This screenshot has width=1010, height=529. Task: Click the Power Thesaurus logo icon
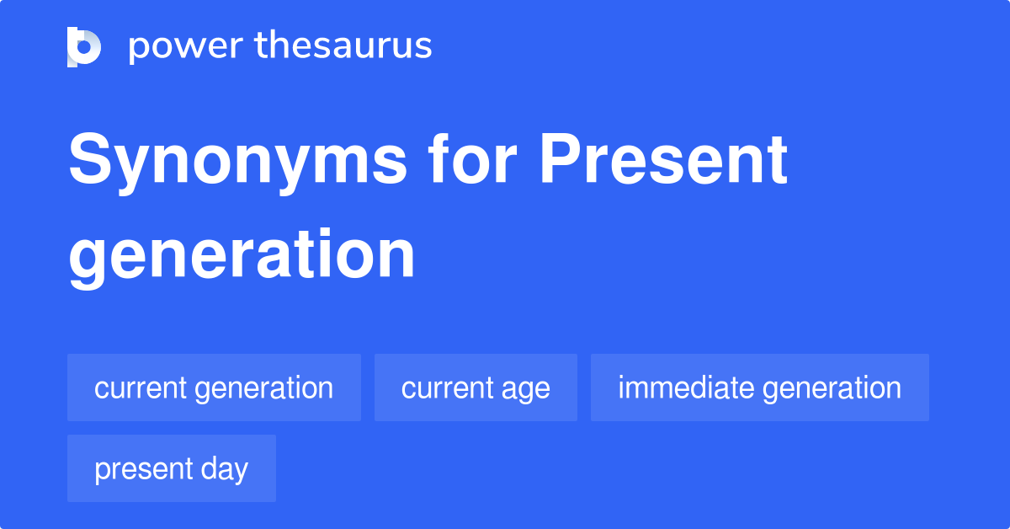(84, 46)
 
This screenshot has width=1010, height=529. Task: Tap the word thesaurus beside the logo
(343, 46)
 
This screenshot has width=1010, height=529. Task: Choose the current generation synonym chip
(214, 387)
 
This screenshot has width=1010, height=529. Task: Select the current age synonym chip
(476, 387)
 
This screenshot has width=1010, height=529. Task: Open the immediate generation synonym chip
(759, 387)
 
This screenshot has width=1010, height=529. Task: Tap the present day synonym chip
(171, 468)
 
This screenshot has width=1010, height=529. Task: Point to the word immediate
(685, 387)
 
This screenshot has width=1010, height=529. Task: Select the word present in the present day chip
(142, 469)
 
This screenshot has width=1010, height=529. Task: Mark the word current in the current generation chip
(140, 387)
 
